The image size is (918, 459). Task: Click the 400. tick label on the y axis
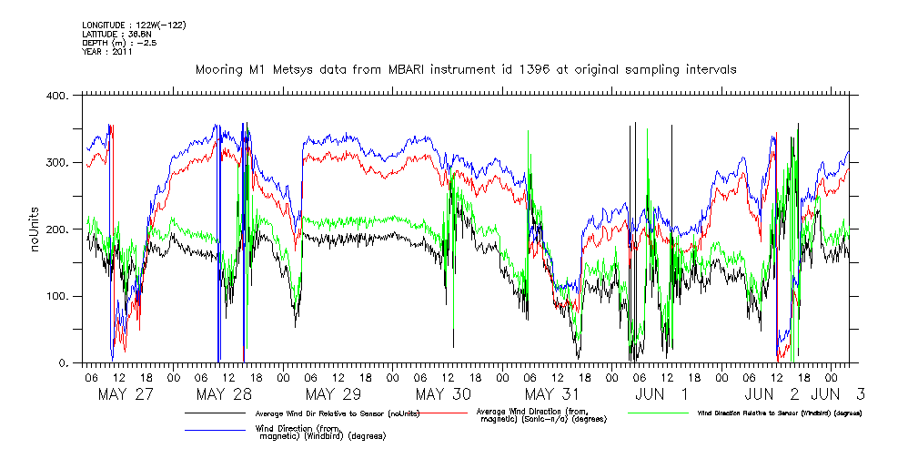59,96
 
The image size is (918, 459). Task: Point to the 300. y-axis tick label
59,163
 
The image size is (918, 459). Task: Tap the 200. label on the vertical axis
59,229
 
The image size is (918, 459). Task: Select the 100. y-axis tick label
59,297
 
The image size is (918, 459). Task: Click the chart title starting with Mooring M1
466,69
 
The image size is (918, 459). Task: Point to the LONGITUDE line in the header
134,25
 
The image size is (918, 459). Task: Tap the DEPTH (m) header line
118,43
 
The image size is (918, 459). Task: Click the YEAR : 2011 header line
107,52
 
